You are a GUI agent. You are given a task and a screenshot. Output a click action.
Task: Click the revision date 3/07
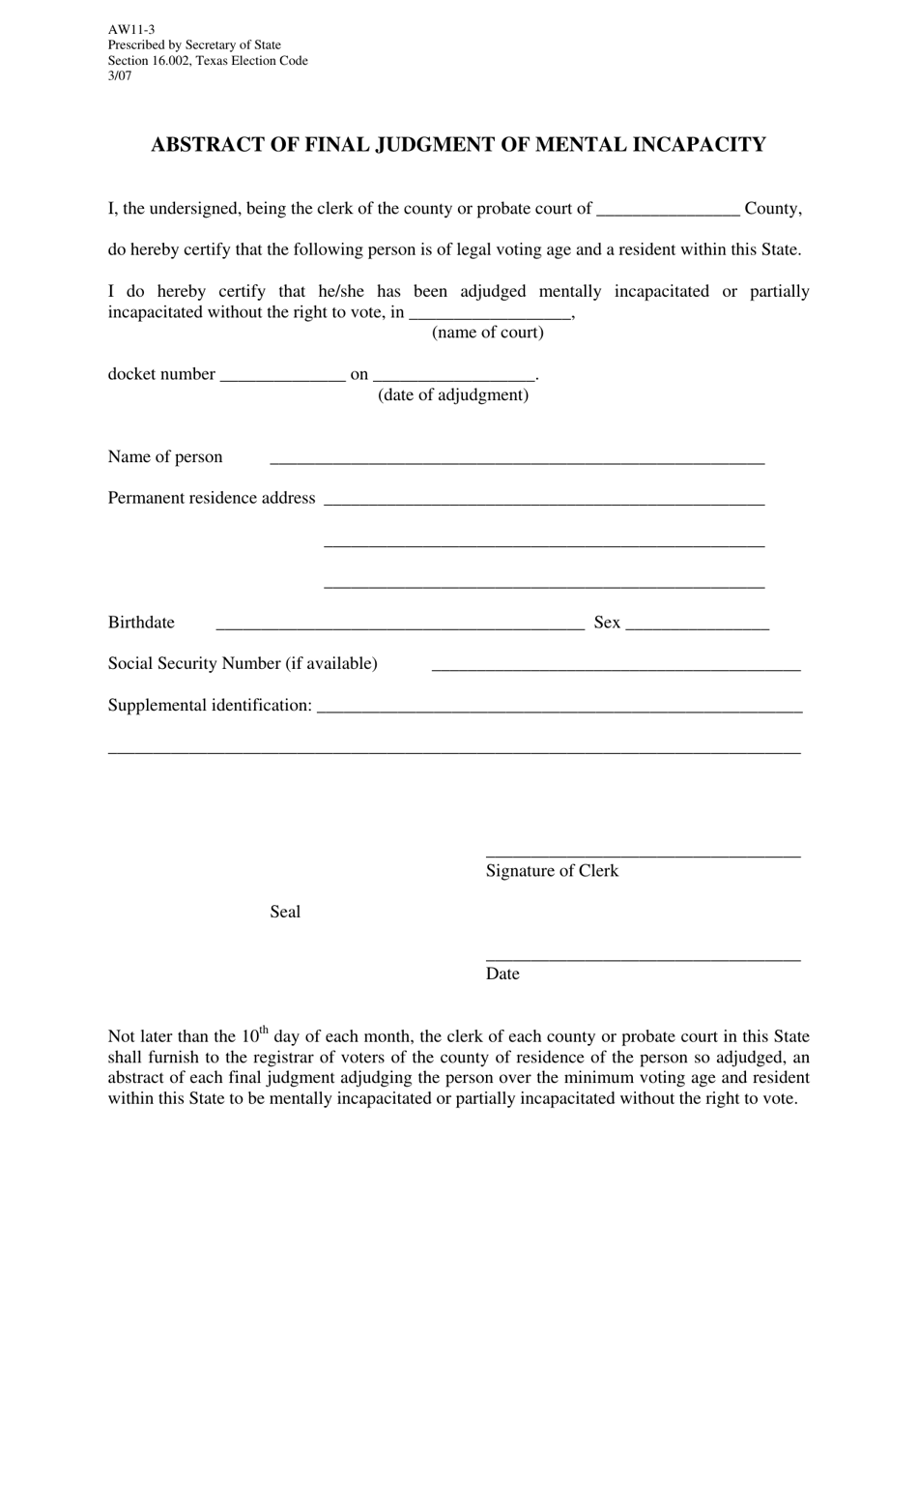pyautogui.click(x=120, y=76)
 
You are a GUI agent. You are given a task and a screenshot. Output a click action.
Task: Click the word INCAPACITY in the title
pyautogui.click(x=699, y=145)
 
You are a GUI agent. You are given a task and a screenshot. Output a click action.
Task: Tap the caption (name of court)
pyautogui.click(x=487, y=333)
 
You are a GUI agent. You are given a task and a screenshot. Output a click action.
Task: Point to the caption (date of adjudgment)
pyautogui.click(x=453, y=395)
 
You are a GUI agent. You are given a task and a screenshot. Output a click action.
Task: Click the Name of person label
pyautogui.click(x=165, y=457)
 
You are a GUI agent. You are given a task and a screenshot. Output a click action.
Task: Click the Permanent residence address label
pyautogui.click(x=212, y=498)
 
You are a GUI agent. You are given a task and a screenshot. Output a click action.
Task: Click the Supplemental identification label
pyautogui.click(x=210, y=706)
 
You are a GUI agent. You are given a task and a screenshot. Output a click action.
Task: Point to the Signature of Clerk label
pyautogui.click(x=552, y=871)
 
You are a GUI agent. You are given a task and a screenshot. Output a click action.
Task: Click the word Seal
pyautogui.click(x=285, y=912)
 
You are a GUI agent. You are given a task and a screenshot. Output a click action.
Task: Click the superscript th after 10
pyautogui.click(x=264, y=1030)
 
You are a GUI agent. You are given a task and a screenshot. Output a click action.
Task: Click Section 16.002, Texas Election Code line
pyautogui.click(x=208, y=61)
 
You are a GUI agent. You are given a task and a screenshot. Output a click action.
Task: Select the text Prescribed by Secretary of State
pyautogui.click(x=194, y=45)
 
